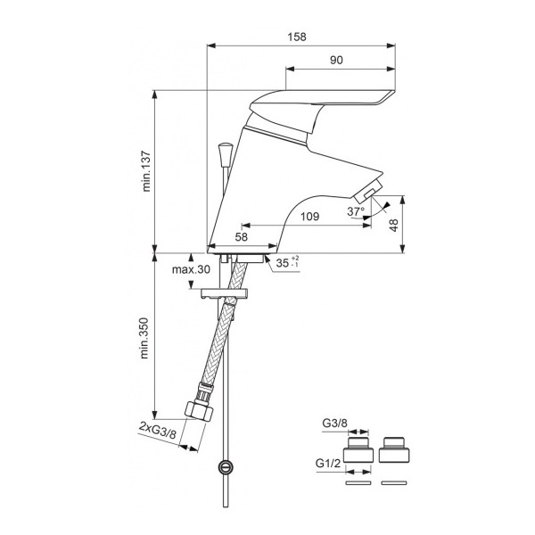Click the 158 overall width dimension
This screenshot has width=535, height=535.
pyautogui.click(x=298, y=37)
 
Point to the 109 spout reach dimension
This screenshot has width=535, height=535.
pyautogui.click(x=309, y=216)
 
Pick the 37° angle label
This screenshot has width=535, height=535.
pyautogui.click(x=356, y=212)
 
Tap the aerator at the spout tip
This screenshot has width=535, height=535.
pyautogui.click(x=366, y=191)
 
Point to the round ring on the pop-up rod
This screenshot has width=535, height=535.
pyautogui.click(x=226, y=465)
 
